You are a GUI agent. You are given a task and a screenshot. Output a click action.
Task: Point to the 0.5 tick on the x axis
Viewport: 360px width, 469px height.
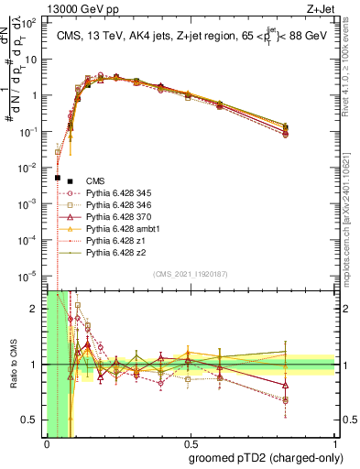(190, 445)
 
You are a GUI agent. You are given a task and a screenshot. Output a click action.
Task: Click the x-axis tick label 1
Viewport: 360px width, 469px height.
(334, 445)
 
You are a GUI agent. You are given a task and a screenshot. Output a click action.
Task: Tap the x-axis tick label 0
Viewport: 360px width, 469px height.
(46, 445)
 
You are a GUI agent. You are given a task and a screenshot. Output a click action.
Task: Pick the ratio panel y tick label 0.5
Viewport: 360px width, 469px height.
(32, 420)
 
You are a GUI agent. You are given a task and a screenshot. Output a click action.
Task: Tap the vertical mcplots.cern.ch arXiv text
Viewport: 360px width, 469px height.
(352, 211)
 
